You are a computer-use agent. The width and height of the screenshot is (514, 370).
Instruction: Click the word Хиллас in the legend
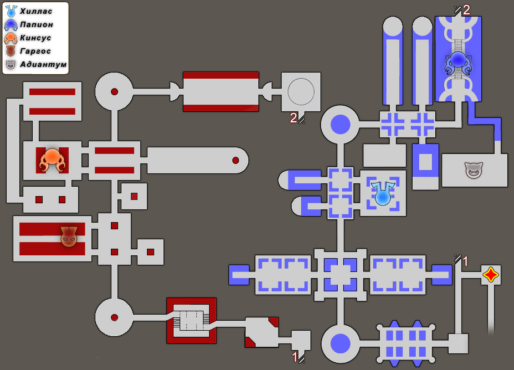36,12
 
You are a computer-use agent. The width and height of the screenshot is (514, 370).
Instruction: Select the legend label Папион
37,24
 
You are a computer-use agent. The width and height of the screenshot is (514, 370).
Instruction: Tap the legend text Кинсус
35,38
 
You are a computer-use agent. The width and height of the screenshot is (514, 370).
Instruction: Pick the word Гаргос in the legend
35,51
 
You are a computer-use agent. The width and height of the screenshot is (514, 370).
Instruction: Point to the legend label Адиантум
43,64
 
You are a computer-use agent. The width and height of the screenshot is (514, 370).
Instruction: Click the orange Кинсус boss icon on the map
52,160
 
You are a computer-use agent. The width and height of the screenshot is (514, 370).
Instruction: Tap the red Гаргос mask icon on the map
69,237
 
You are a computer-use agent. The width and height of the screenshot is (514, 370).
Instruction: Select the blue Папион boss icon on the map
458,63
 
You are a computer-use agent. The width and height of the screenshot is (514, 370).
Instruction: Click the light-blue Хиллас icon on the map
383,194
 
